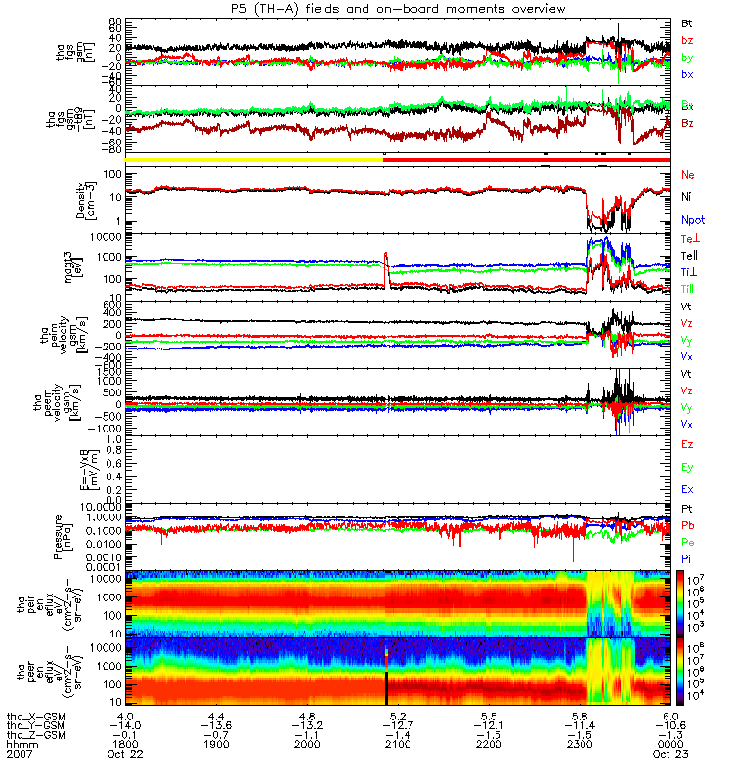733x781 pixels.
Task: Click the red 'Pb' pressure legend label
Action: click(x=687, y=525)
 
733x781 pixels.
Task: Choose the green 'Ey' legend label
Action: click(x=687, y=467)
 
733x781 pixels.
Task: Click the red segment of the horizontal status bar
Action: click(x=528, y=160)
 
